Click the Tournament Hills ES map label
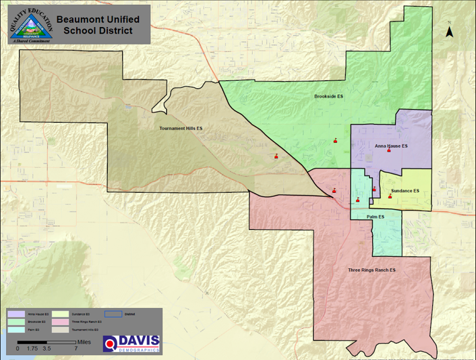click(x=181, y=128)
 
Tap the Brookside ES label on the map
click(x=329, y=96)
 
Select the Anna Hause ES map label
click(x=391, y=146)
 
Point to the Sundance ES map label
click(x=405, y=191)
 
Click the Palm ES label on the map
click(x=376, y=216)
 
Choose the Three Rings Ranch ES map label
click(x=371, y=270)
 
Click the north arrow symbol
click(x=450, y=30)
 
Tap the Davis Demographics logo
click(x=132, y=342)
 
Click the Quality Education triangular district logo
click(x=30, y=25)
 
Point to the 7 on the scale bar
click(x=76, y=349)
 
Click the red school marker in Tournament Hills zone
click(x=276, y=156)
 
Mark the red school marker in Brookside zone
click(x=334, y=140)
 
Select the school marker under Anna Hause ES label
click(x=388, y=151)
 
